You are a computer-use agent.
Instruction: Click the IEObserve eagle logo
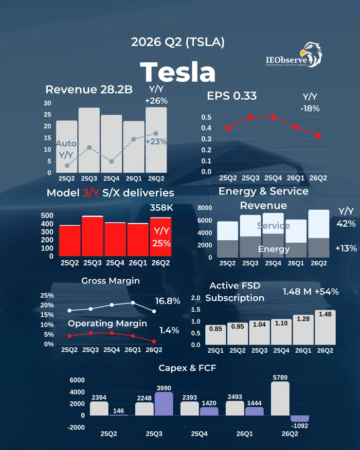[311, 54]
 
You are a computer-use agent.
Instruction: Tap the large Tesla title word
[178, 72]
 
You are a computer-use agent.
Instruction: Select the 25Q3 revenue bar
[89, 140]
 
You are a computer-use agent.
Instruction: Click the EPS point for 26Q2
[318, 135]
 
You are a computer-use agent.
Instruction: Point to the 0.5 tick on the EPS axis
[206, 117]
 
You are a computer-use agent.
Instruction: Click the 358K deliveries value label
[162, 208]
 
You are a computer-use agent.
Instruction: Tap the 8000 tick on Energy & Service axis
[205, 208]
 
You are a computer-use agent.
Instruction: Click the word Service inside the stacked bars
[273, 226]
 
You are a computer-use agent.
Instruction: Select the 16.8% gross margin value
[168, 301]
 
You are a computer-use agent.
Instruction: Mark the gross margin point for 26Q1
[133, 303]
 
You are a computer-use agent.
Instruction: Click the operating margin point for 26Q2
[154, 342]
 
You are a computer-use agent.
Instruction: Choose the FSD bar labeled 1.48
[325, 327]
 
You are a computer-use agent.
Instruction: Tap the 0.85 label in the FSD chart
[216, 329]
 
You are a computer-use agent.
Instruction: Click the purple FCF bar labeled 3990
[163, 404]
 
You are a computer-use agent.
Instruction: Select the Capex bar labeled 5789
[280, 398]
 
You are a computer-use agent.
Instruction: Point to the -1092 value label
[299, 426]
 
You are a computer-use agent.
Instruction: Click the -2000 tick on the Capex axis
[76, 427]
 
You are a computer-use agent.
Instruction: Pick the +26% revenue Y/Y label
[156, 101]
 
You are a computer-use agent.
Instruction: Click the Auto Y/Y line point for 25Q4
[111, 162]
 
